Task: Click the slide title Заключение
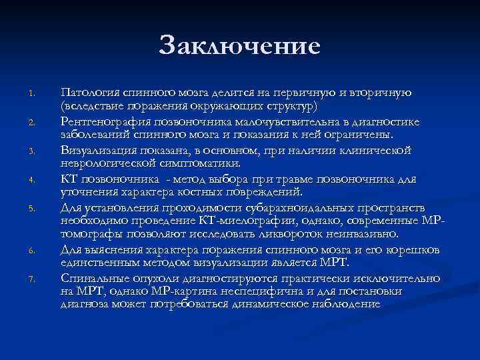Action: tap(240, 46)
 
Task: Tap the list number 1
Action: tap(31, 93)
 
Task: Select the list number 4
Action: tap(31, 179)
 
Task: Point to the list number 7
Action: tap(31, 279)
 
